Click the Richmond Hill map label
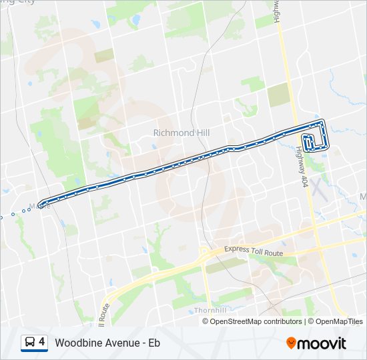181,133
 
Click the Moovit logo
316,343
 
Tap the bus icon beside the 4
30,343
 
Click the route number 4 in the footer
42,343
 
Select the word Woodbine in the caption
78,343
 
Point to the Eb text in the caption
154,343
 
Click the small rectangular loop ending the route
310,143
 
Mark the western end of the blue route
41,204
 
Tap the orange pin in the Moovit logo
291,343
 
